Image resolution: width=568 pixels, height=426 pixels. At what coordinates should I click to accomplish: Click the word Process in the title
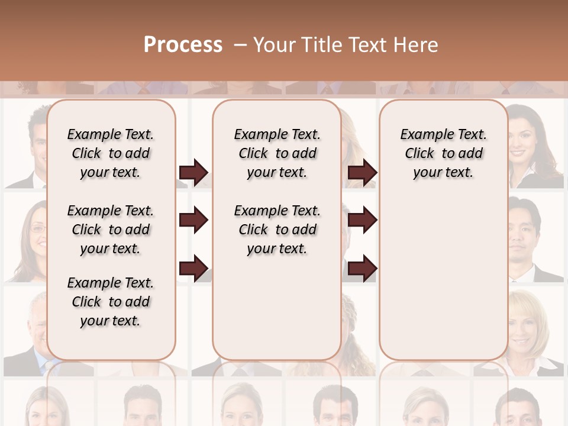183,45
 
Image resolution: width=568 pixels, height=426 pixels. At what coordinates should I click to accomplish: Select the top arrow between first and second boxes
193,172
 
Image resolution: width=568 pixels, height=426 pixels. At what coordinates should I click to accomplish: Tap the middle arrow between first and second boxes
193,220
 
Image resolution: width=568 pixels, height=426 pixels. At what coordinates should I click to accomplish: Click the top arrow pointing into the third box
362,172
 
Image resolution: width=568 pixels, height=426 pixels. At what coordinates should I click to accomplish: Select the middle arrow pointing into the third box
362,220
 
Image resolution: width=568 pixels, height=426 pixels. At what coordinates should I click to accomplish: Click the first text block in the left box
111,153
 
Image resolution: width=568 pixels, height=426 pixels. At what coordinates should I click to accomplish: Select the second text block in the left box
111,230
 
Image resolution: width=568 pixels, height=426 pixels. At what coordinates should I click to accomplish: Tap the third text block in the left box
111,302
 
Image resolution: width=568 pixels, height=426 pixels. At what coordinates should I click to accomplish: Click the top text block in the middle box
277,153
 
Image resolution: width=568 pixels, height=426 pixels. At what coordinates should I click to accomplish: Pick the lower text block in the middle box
277,230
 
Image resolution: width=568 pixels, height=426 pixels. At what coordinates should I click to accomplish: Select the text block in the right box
443,153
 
